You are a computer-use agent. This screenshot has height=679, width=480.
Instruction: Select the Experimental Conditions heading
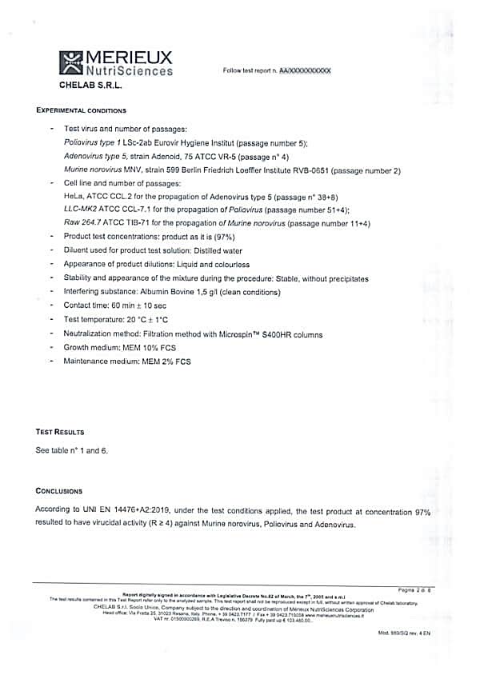[x=81, y=110]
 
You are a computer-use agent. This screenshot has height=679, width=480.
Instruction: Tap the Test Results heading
[x=60, y=432]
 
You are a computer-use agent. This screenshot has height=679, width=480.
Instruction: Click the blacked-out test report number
[x=305, y=71]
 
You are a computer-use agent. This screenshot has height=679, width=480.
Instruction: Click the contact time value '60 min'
[x=122, y=306]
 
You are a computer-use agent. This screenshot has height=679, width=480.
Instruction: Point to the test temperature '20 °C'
[x=141, y=320]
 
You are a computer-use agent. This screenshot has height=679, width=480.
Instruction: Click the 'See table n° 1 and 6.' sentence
[x=72, y=450]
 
